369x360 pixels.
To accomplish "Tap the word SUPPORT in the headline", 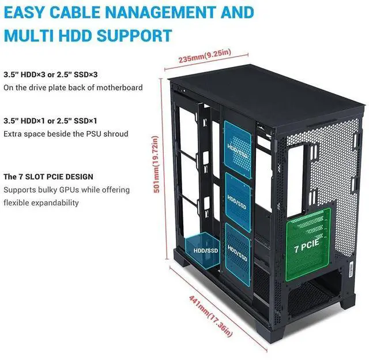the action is point(134,36).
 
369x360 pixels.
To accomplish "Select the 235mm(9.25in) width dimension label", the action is point(205,56).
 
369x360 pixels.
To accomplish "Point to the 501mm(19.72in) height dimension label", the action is point(156,164).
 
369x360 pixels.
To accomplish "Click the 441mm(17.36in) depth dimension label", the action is point(211,316).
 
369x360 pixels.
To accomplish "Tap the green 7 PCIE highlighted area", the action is point(308,245).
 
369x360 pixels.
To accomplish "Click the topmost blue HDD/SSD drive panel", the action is point(238,150).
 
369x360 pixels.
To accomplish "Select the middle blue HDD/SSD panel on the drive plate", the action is point(238,202).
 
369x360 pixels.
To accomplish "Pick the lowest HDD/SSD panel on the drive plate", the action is point(238,254).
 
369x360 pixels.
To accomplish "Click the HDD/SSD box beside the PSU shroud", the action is point(202,250).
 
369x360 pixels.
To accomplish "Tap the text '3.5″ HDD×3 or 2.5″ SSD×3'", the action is point(50,74).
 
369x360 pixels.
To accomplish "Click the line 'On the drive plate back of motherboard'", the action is point(73,88).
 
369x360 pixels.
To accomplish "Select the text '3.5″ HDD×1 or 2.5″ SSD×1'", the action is point(50,121).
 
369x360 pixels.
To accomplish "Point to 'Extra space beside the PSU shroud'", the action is point(66,134).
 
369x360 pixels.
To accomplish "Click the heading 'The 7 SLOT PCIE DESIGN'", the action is point(48,177).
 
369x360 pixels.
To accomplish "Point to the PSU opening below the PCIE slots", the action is point(314,297).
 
